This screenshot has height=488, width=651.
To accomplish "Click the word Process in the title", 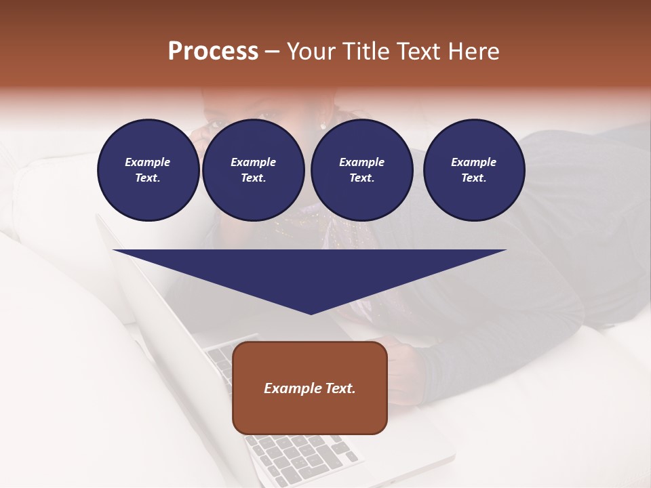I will click(x=213, y=52).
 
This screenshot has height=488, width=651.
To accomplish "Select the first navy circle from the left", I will click(x=149, y=170).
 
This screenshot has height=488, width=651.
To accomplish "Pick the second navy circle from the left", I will click(x=254, y=170).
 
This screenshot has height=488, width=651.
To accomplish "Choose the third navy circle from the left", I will click(x=361, y=170).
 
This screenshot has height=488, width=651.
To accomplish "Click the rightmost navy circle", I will click(x=474, y=170).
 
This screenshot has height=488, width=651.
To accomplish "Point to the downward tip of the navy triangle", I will click(x=311, y=312).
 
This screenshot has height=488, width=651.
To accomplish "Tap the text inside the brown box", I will click(x=310, y=388).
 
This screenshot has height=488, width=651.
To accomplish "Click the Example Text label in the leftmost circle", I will click(x=148, y=170).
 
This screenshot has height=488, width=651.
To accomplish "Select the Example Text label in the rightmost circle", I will click(x=474, y=170).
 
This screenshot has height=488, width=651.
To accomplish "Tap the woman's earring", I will click(x=322, y=125).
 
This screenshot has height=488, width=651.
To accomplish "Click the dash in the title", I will click(x=272, y=52).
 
